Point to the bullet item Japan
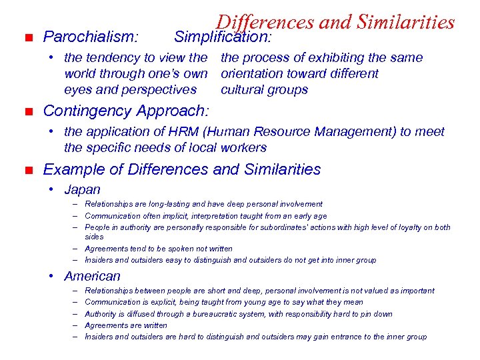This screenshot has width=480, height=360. pos(82,190)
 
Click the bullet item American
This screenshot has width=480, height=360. pos(92,276)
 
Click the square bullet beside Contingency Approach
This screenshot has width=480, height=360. pos(25,111)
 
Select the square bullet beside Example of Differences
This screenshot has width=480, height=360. pos(25,170)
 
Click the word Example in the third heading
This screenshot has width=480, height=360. pos(70,170)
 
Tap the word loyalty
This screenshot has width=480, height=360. pos(400,227)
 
